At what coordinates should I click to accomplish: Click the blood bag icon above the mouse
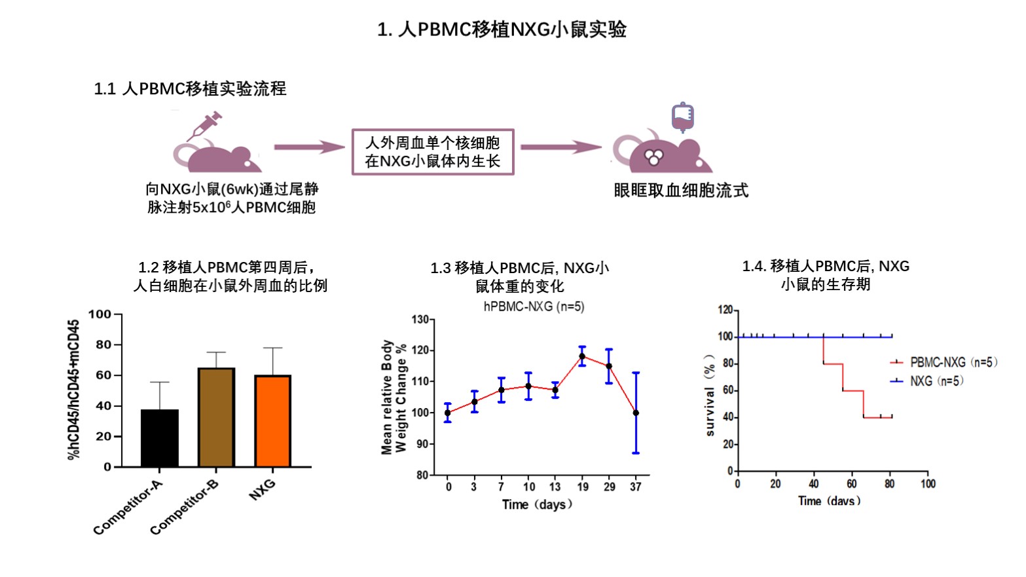682,117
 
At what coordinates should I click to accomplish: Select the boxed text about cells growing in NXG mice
433,152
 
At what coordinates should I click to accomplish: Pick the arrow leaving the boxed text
560,147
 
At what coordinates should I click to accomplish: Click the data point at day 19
582,356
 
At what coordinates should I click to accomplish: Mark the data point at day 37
636,413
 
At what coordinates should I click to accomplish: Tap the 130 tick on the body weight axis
420,320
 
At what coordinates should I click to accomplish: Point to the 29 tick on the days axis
610,487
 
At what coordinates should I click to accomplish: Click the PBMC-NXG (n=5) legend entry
944,362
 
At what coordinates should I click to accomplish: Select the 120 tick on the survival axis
725,310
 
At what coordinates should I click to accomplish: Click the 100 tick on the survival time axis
928,484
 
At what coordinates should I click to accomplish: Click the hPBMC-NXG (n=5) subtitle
534,307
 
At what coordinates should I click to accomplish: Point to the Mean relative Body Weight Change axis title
394,397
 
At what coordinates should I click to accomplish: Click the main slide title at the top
502,29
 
